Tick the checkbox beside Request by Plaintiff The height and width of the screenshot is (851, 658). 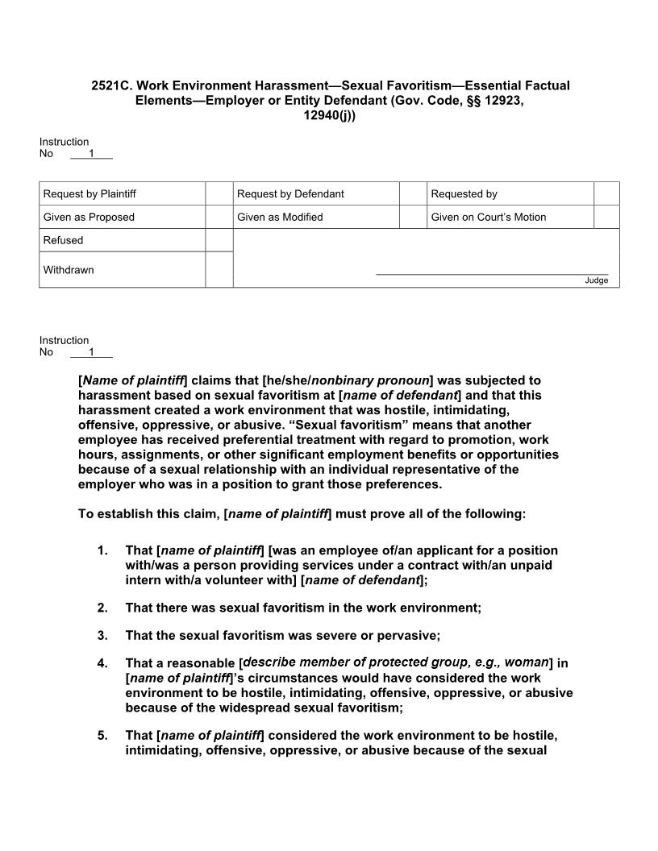click(219, 193)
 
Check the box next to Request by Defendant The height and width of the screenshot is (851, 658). click(413, 193)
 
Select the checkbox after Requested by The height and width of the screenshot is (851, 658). click(606, 193)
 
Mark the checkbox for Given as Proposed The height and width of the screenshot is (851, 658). click(219, 217)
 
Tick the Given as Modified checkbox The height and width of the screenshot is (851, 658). click(413, 217)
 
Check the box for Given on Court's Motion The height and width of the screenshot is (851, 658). click(606, 217)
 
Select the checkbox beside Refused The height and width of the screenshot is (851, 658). click(219, 240)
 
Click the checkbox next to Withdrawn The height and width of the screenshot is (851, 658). click(219, 270)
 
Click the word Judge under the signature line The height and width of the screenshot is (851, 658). click(597, 280)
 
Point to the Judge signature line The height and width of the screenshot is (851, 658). click(492, 274)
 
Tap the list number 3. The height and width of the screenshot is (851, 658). click(102, 635)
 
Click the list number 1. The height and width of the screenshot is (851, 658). click(102, 550)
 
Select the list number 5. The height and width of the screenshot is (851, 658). click(102, 736)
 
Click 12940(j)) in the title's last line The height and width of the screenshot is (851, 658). click(329, 115)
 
